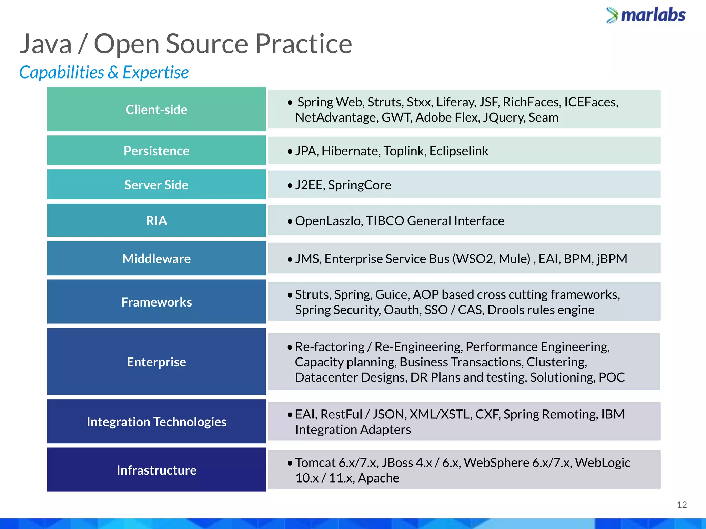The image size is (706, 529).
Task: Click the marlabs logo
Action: click(x=646, y=15)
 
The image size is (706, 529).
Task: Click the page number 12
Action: click(x=682, y=505)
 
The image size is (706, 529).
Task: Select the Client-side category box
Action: click(x=156, y=110)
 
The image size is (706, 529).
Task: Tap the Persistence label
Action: click(x=156, y=151)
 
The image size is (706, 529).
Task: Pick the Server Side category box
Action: click(x=156, y=185)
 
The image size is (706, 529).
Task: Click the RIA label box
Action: click(x=156, y=221)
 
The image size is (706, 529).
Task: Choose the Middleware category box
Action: click(x=156, y=259)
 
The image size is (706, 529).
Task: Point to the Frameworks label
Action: click(x=156, y=302)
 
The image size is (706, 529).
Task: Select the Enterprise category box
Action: click(x=156, y=362)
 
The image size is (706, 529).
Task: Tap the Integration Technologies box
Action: click(x=156, y=422)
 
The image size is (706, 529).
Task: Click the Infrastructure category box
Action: click(x=156, y=470)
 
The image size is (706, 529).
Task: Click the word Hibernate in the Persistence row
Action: click(x=351, y=151)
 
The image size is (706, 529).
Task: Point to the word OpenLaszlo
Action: click(x=329, y=221)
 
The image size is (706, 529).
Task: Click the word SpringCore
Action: click(x=360, y=185)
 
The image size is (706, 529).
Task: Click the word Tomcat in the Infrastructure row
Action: click(x=315, y=463)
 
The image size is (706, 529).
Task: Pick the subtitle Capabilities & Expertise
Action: click(x=104, y=73)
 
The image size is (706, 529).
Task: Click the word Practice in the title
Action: click(x=303, y=44)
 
